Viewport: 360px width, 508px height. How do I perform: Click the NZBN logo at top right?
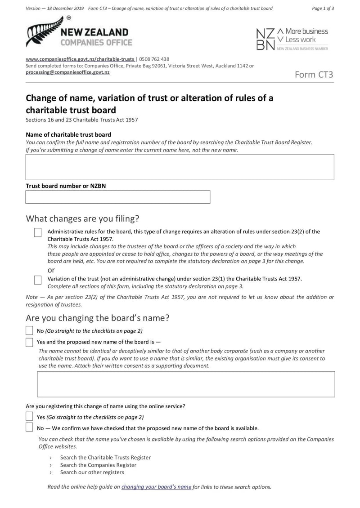point(292,39)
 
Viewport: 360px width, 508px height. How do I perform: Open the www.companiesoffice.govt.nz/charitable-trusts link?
point(80,59)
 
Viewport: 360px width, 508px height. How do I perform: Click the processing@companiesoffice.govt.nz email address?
point(67,72)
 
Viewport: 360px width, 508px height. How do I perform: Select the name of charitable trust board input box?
point(180,167)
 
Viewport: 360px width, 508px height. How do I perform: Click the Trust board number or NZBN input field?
point(118,197)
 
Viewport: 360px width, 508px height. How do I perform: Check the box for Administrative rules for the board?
point(38,232)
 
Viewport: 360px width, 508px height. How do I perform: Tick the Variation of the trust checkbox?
point(38,280)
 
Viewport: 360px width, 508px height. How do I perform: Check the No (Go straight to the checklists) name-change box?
point(29,331)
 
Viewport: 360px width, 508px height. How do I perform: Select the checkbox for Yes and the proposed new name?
point(29,342)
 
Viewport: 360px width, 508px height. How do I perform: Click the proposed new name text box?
point(186,384)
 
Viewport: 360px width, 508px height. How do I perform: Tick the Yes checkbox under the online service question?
point(29,417)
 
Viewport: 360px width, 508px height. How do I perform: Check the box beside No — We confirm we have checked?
point(29,428)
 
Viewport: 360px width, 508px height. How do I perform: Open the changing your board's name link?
point(156,486)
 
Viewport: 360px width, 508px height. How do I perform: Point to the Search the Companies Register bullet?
point(98,465)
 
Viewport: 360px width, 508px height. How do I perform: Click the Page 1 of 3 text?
point(323,8)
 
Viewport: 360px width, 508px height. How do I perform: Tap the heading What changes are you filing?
point(83,218)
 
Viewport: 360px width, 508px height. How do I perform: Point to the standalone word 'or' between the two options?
point(51,270)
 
